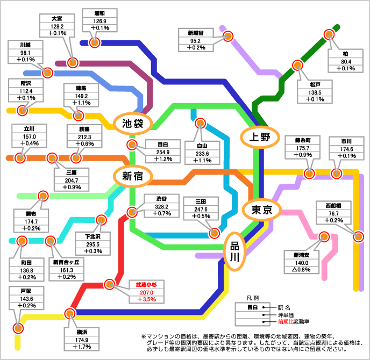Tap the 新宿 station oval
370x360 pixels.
pyautogui.click(x=132, y=176)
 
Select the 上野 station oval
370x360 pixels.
pyautogui.click(x=257, y=136)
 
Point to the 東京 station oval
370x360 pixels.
pyautogui.click(x=261, y=210)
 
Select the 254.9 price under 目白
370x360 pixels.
pyautogui.click(x=163, y=152)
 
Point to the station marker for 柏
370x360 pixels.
pyautogui.click(x=329, y=34)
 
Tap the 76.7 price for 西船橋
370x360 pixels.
pyautogui.click(x=338, y=213)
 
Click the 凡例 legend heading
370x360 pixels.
pyautogui.click(x=253, y=297)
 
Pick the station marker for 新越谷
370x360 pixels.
pyautogui.click(x=227, y=36)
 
